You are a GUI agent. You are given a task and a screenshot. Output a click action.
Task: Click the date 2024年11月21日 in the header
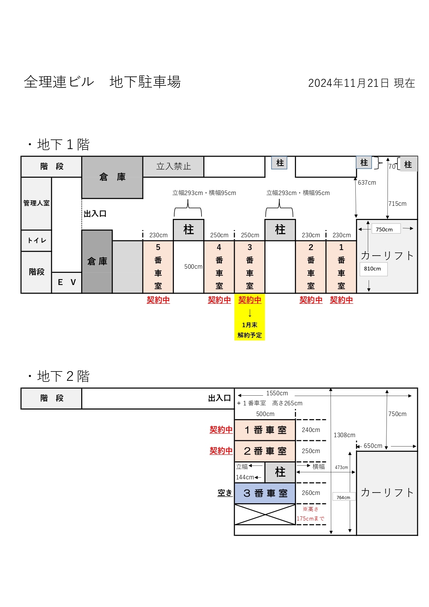(x=348, y=83)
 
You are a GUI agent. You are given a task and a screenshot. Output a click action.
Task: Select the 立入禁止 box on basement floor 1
(x=174, y=167)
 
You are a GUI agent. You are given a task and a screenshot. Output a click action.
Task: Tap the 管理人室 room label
(x=36, y=203)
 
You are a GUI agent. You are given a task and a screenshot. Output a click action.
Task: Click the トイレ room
(x=36, y=240)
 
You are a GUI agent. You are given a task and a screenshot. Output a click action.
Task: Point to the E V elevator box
(x=67, y=282)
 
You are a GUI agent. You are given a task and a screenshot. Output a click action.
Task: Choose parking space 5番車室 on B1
(x=158, y=267)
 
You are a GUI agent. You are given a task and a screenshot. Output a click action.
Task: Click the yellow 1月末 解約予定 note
(x=250, y=330)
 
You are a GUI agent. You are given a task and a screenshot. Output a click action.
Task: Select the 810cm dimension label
(x=372, y=269)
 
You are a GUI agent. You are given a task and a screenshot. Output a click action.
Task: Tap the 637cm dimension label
(x=367, y=183)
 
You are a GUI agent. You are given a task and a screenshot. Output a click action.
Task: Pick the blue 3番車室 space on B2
(x=265, y=493)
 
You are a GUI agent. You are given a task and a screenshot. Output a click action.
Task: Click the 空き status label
(x=225, y=493)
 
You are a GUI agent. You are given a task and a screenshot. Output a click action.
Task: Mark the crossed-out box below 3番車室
(x=265, y=514)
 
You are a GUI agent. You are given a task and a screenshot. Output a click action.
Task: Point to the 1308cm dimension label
(x=344, y=435)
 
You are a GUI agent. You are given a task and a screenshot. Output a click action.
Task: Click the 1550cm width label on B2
(x=277, y=393)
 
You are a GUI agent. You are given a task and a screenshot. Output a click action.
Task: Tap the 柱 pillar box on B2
(x=280, y=472)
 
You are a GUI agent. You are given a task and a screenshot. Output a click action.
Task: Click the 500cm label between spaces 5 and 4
(x=193, y=267)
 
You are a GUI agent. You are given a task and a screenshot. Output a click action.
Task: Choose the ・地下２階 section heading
(x=58, y=376)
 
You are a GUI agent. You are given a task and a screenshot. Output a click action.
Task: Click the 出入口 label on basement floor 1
(x=95, y=214)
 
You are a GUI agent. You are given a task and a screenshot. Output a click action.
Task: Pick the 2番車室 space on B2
(x=265, y=451)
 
